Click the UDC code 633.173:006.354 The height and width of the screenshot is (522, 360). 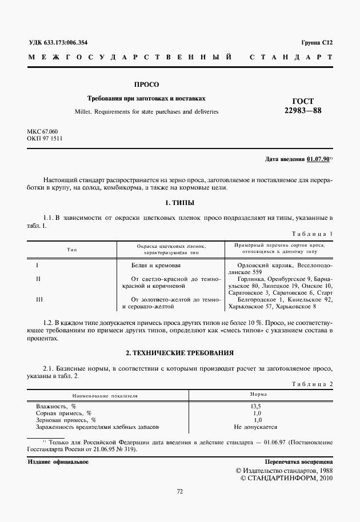click(66, 43)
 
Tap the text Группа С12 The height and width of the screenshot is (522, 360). click(316, 43)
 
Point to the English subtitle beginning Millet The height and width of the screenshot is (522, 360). click(146, 112)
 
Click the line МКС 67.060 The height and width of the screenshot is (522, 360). click(42, 131)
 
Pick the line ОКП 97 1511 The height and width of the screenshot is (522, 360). click(45, 139)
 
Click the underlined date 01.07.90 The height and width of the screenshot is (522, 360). click(317, 159)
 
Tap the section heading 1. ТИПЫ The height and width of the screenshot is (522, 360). click(179, 203)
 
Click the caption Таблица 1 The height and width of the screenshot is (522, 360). click(311, 234)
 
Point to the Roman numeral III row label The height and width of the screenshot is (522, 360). click(39, 299)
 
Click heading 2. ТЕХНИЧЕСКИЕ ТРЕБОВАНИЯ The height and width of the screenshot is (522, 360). click(179, 354)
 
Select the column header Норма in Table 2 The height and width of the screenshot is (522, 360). click(257, 395)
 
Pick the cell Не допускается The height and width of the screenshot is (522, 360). click(256, 427)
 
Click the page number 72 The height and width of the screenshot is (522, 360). click(179, 491)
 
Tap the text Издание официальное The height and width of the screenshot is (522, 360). click(58, 461)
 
